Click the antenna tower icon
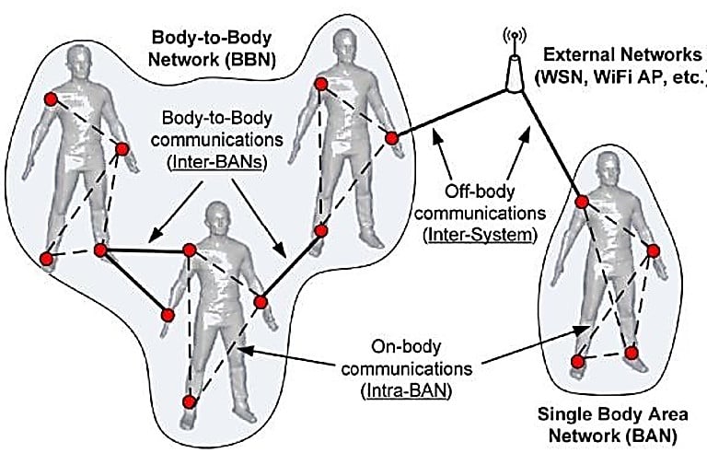coord(513,66)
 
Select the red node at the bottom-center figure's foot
coord(189,402)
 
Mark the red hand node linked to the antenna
coord(391,139)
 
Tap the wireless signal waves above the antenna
coord(513,37)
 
